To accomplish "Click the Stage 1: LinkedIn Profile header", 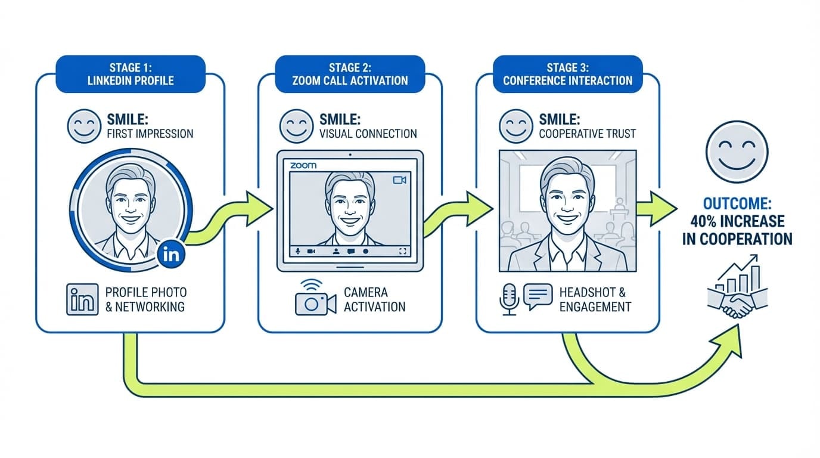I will [131, 74].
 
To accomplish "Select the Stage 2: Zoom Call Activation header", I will [350, 74].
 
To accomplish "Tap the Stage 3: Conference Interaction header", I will [567, 74].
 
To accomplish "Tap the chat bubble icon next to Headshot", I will [538, 296].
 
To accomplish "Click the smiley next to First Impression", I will [84, 126].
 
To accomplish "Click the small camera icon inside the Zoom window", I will [400, 180].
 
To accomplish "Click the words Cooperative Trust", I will [587, 134].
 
